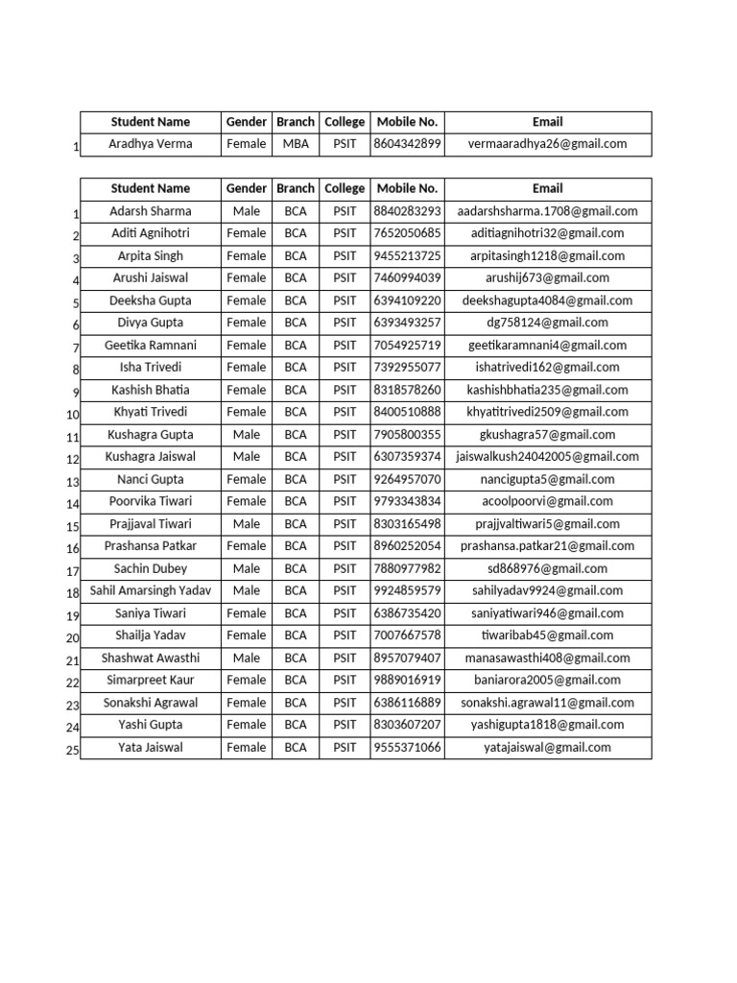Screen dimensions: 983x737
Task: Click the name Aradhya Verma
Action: point(150,144)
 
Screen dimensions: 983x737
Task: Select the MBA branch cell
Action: point(296,144)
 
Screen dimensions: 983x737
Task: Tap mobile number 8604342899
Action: point(407,144)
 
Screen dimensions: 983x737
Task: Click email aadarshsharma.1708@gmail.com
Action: point(547,211)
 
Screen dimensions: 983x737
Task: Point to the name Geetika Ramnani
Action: point(150,346)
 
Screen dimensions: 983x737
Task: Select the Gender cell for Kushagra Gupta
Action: point(247,435)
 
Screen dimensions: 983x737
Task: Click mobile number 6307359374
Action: point(407,457)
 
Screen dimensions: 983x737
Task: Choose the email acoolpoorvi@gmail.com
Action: point(547,501)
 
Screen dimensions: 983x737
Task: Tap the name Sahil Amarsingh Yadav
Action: point(150,590)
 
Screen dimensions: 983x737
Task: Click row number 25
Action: point(72,751)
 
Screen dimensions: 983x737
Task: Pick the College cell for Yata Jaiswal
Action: point(345,747)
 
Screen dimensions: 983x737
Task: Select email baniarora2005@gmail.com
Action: point(547,680)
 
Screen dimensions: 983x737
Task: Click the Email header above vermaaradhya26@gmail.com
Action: point(547,122)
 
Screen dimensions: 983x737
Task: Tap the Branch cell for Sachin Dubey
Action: point(296,568)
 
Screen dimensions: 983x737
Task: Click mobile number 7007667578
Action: point(407,635)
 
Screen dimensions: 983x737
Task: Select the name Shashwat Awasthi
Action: point(150,658)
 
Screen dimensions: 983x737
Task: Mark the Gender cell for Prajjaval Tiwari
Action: point(247,524)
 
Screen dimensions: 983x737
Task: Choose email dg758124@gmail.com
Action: point(547,323)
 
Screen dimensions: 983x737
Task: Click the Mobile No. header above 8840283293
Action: point(407,188)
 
